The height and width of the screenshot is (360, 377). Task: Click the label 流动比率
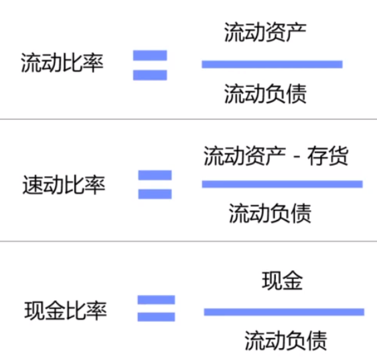[x=62, y=62]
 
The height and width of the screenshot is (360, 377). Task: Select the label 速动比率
[x=64, y=184]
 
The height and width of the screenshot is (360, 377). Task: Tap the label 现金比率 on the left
[x=66, y=310]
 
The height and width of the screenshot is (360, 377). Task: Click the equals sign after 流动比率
[x=150, y=65]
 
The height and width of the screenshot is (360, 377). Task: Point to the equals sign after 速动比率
[x=155, y=184]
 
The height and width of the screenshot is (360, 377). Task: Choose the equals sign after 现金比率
[x=156, y=308]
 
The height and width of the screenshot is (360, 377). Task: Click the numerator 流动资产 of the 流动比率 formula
[x=265, y=32]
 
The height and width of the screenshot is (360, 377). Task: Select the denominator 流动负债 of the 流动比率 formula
[x=265, y=94]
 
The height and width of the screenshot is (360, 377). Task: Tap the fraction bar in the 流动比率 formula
[x=272, y=64]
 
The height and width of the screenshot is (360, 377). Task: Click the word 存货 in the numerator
[x=327, y=156]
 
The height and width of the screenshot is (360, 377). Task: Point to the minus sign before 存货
[x=297, y=157]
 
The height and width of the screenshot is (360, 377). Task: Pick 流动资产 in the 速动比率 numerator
[x=245, y=156]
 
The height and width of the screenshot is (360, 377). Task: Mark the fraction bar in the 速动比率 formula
[x=283, y=184]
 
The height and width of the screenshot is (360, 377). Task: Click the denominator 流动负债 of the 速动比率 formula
[x=270, y=213]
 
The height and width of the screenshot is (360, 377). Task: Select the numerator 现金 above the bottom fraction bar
[x=282, y=280]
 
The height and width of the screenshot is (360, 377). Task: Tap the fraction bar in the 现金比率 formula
[x=284, y=312]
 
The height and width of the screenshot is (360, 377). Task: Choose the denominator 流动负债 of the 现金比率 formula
[x=286, y=341]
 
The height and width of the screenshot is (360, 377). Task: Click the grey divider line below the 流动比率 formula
[x=189, y=119]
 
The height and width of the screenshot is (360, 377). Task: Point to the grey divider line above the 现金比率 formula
[x=189, y=241]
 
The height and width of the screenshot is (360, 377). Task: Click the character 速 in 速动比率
[x=33, y=184]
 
